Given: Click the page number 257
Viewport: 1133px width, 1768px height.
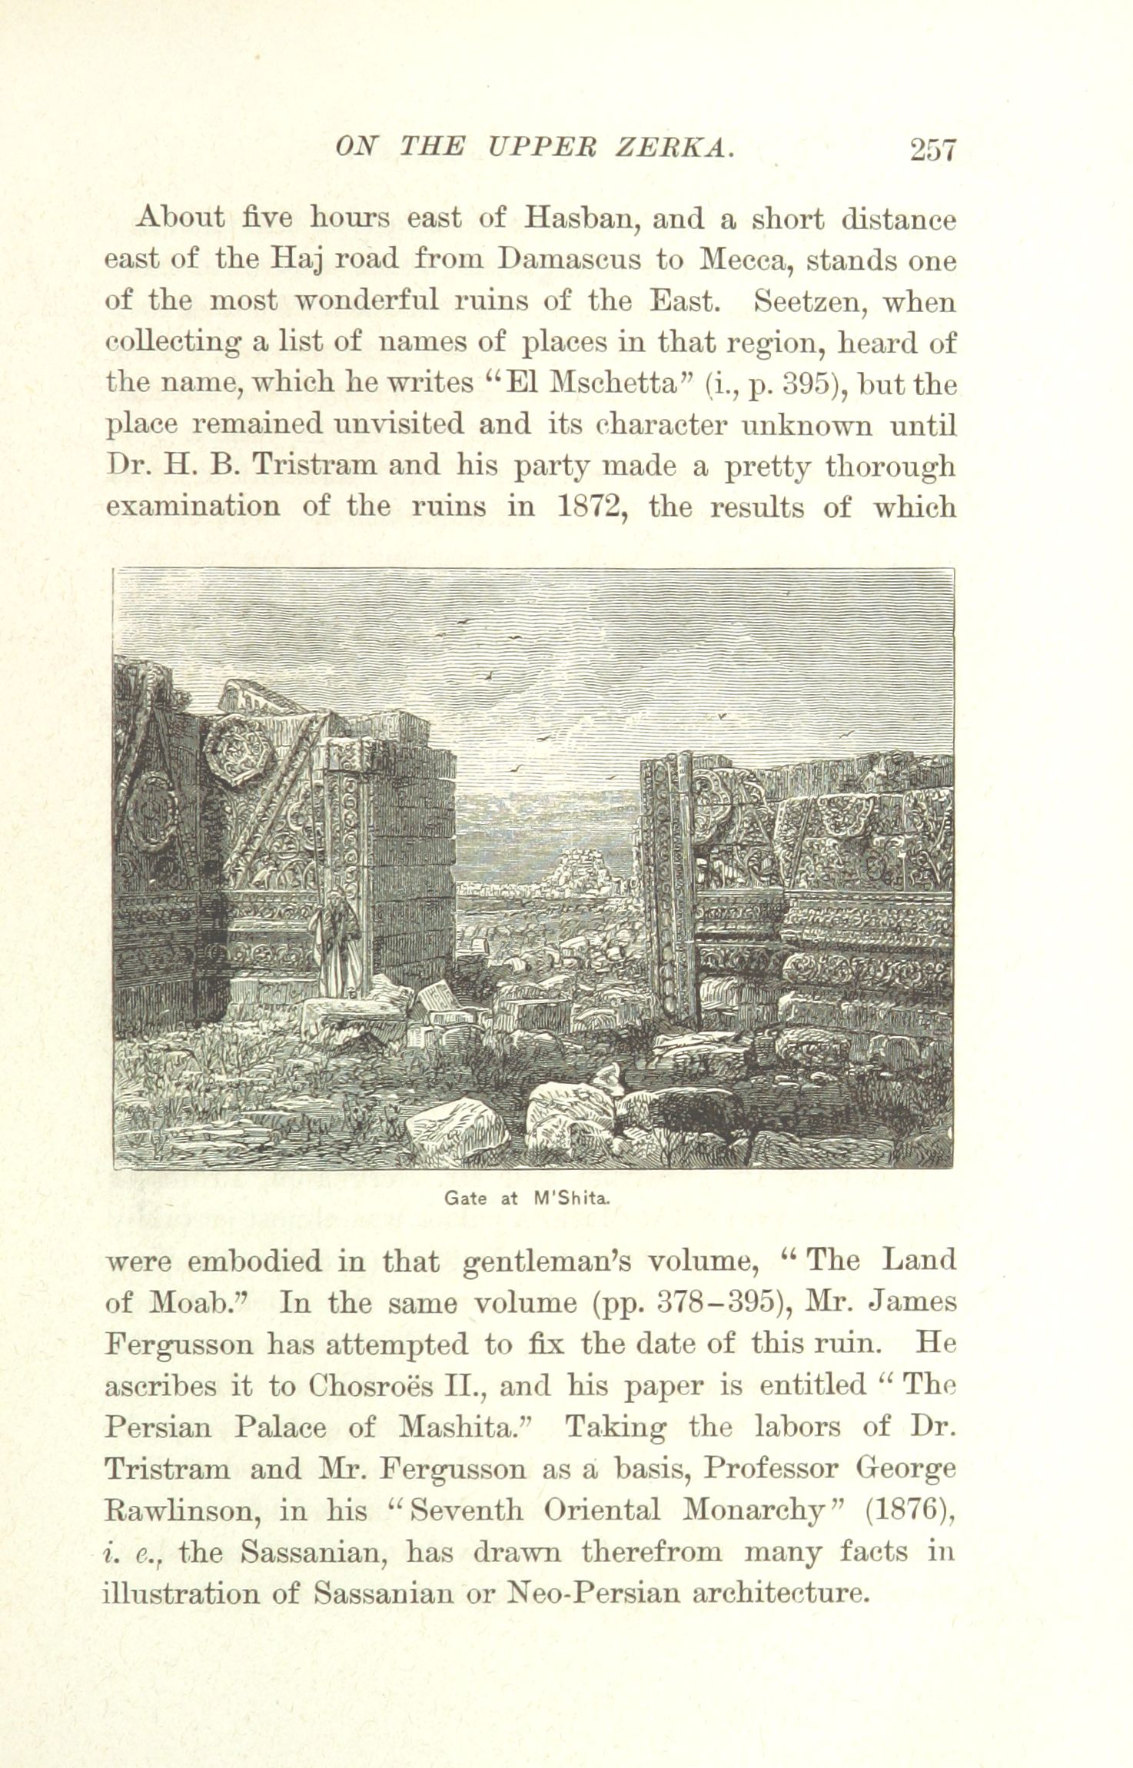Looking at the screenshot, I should (932, 149).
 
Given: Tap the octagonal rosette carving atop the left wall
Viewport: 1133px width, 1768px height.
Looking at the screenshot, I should (237, 750).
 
